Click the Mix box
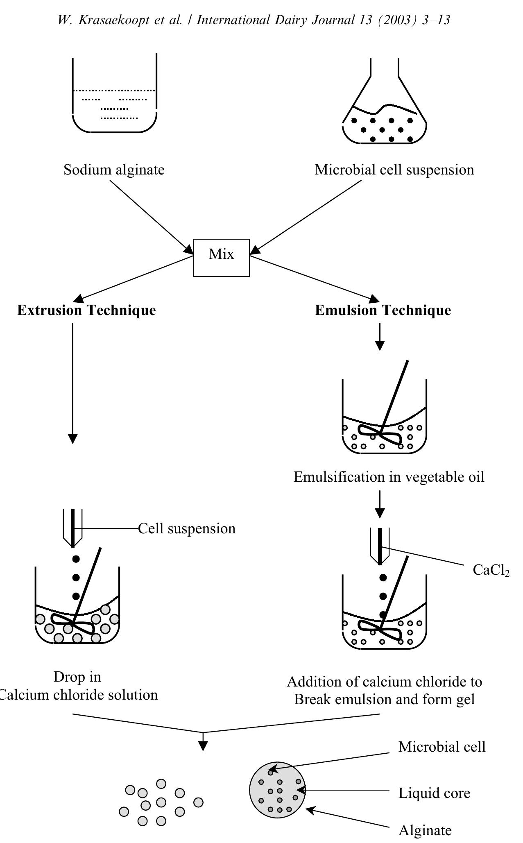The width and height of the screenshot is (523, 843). point(221,258)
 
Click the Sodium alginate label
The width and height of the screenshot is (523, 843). point(114,170)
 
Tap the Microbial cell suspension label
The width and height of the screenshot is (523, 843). point(394,170)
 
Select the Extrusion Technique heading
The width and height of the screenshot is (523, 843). point(86,310)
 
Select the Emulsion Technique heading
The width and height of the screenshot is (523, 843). point(383,310)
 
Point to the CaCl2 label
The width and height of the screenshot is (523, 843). point(491,570)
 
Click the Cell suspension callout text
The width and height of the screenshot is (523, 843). point(187,528)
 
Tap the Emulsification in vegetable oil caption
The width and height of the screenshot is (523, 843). point(389,477)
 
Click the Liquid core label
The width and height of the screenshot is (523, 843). point(434,793)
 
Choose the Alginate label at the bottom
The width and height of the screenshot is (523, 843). point(425,830)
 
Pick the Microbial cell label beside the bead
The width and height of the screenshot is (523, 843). point(442,747)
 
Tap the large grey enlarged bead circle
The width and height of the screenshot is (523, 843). point(278,790)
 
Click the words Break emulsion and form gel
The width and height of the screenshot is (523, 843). point(384,699)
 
